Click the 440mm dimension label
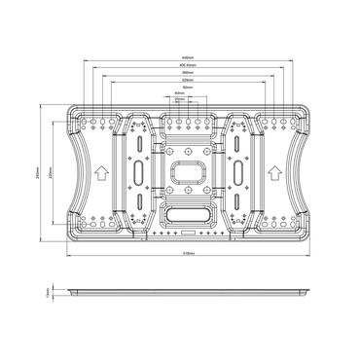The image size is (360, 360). pyautogui.click(x=180, y=57)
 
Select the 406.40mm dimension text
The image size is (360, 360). pyautogui.click(x=180, y=66)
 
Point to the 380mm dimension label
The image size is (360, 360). pyautogui.click(x=180, y=74)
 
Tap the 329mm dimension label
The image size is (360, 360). pyautogui.click(x=180, y=82)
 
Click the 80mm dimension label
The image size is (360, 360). pyautogui.click(x=180, y=89)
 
